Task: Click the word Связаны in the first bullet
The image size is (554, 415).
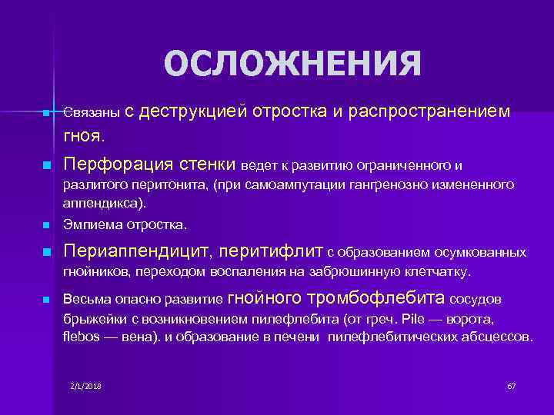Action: tap(92, 113)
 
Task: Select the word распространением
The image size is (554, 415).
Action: tap(429, 111)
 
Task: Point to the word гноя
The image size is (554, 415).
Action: tap(85, 136)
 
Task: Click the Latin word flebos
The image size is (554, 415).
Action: tap(80, 337)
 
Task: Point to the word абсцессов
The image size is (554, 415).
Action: tap(494, 337)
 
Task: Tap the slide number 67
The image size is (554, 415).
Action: tap(511, 384)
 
